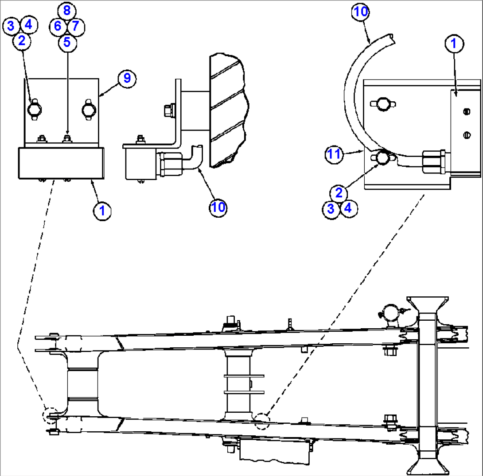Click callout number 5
(x=67, y=42)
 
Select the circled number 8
(x=67, y=10)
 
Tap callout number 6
(x=58, y=26)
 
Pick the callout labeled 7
(x=76, y=26)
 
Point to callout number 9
(x=126, y=78)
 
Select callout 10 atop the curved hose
(x=361, y=12)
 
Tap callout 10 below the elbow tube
(x=218, y=207)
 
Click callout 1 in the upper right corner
(x=453, y=44)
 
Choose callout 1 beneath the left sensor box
(x=102, y=211)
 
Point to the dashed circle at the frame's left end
(x=50, y=416)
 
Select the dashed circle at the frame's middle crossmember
(x=262, y=421)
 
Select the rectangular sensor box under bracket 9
(x=62, y=163)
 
